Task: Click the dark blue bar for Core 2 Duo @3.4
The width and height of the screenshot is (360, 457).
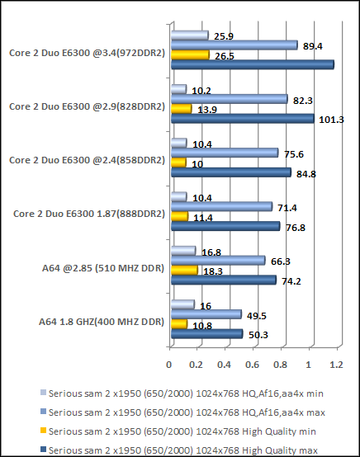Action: tap(252, 64)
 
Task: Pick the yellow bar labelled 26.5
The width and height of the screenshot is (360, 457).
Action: tap(190, 55)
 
